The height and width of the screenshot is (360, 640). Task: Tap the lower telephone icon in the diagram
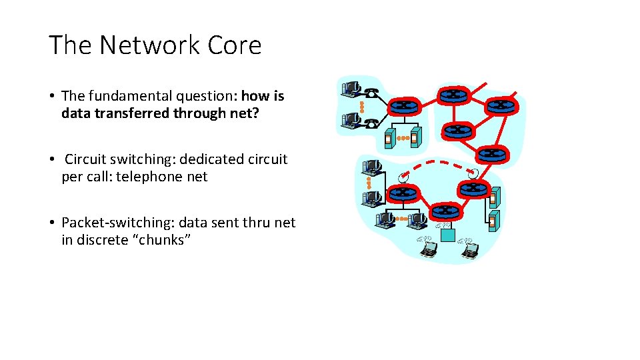click(371, 122)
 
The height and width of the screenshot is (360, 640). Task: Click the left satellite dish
click(402, 177)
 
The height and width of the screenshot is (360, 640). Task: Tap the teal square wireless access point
click(447, 235)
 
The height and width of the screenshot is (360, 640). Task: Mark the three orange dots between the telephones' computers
click(360, 106)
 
